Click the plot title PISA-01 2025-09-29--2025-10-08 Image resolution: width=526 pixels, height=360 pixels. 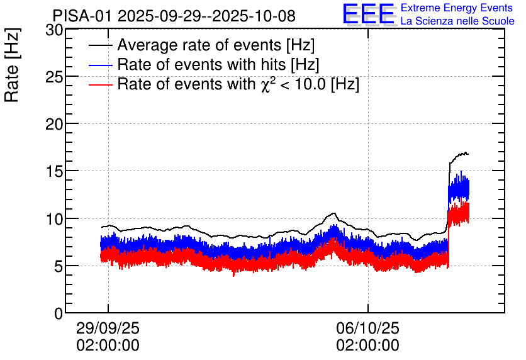[174, 16]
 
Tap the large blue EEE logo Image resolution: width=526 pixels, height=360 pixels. [368, 14]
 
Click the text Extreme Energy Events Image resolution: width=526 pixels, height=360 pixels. [457, 8]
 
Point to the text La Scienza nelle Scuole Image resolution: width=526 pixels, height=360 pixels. [457, 21]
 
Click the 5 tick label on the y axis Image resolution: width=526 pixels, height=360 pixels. [58, 266]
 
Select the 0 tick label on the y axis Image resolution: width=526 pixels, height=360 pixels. [58, 313]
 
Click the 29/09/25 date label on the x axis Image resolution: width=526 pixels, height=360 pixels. [108, 329]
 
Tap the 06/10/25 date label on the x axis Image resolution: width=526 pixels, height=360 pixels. [367, 329]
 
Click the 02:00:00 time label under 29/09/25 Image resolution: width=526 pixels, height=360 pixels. [108, 346]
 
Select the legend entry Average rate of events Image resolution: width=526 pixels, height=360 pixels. [216, 46]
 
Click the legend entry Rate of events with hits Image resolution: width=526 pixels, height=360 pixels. [218, 65]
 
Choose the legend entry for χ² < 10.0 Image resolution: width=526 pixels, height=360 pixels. [238, 84]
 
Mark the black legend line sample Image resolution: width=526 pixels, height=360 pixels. [101, 46]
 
